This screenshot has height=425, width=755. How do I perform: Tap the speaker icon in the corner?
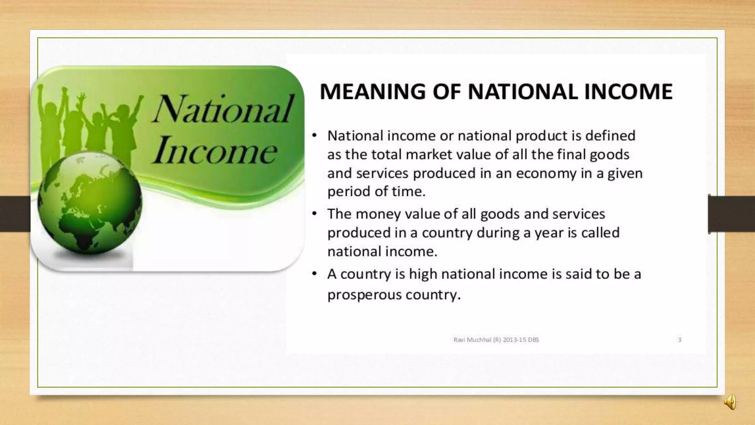tap(730, 402)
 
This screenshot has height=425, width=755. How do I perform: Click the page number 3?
tap(679, 340)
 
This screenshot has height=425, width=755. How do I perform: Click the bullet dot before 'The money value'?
tap(314, 214)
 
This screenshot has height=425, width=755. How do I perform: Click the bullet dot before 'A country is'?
tap(314, 274)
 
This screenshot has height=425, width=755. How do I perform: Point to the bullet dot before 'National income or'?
tap(314, 135)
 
